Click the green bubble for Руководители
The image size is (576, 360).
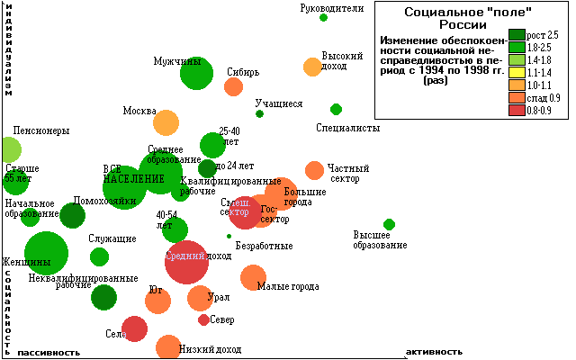click(324, 17)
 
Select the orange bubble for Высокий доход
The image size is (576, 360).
click(312, 67)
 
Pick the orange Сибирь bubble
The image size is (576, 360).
click(233, 86)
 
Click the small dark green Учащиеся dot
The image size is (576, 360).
click(259, 113)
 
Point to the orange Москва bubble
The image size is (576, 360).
click(166, 122)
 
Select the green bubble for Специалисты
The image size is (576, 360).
click(336, 109)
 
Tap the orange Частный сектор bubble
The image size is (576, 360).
click(314, 170)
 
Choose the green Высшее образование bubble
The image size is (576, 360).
click(389, 224)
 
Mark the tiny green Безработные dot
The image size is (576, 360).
click(229, 236)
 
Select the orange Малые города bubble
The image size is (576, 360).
click(253, 277)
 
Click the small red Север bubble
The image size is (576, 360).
click(203, 319)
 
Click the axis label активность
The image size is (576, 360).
click(435, 351)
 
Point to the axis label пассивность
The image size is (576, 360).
click(49, 351)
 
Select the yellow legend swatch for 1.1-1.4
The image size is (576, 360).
click(517, 72)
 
